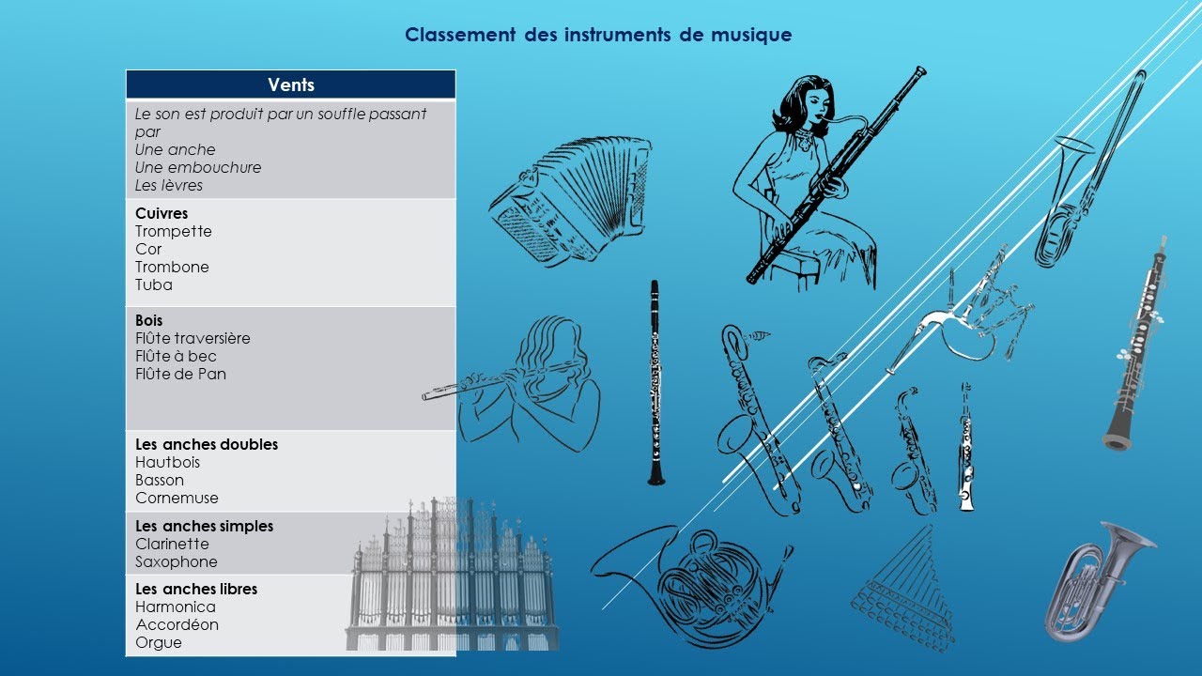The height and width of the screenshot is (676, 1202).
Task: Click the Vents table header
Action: tap(291, 84)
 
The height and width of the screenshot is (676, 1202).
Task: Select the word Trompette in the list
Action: tap(174, 231)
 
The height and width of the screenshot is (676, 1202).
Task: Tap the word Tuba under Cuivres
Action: tap(154, 284)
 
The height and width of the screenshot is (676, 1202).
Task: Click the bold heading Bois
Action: tap(148, 320)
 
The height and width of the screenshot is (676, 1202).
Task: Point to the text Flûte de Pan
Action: tap(180, 374)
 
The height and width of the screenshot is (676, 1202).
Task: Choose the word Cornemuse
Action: tap(177, 498)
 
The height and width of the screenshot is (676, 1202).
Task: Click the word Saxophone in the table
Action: tap(177, 561)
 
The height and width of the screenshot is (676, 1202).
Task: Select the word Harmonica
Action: tap(176, 607)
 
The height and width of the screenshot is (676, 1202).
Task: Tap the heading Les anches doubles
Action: tap(207, 444)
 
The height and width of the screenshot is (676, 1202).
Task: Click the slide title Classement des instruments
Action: tap(598, 35)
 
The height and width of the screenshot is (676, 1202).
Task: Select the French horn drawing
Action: tap(690, 582)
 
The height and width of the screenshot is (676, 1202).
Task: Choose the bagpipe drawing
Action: tap(967, 319)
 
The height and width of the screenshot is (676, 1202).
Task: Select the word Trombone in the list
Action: tap(172, 267)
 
